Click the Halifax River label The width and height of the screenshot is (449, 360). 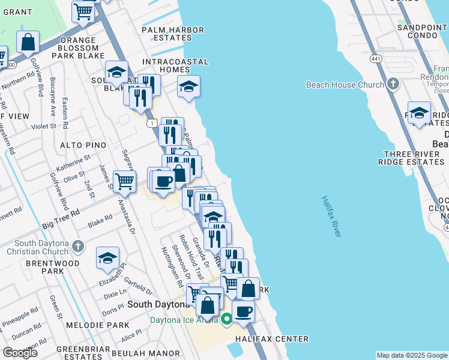331,217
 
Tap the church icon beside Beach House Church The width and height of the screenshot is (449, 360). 393,85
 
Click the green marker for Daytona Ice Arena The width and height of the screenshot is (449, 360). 226,319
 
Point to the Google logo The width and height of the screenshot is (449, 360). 20,352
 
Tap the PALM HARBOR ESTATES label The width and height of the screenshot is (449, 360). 173,34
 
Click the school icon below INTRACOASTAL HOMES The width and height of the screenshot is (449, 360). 188,88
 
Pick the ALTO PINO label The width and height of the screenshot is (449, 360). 83,145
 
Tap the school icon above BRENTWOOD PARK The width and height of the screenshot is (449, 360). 107,259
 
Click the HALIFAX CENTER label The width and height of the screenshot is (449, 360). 271,339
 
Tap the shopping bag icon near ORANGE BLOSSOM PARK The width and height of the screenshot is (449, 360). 28,43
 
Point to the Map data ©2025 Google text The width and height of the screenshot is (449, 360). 412,355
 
